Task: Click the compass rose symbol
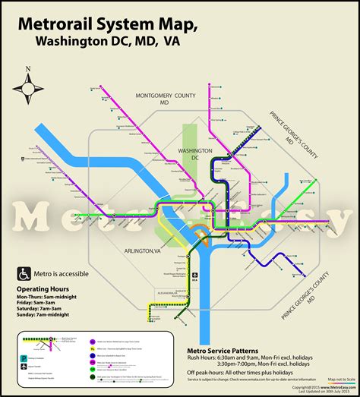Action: [x=28, y=89]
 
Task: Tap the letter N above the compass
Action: [x=28, y=69]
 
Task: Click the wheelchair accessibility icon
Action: [x=24, y=274]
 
